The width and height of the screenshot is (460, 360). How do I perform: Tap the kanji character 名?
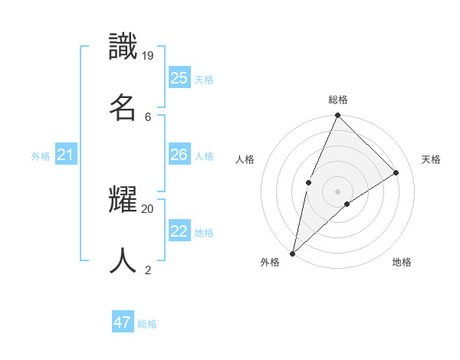click(123, 108)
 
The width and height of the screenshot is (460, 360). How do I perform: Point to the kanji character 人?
click(123, 261)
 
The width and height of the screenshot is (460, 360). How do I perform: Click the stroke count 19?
click(148, 55)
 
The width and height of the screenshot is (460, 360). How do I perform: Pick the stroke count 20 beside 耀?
click(148, 208)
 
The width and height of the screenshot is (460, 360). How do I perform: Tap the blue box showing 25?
click(179, 77)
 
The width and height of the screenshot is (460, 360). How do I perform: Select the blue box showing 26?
click(179, 155)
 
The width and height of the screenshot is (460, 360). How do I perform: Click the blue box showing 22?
click(179, 231)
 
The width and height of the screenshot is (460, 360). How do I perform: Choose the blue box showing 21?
click(66, 155)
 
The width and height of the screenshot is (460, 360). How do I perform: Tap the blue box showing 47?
click(123, 322)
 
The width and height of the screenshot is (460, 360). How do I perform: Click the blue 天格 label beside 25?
click(204, 79)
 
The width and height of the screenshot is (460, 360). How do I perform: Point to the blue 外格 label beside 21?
click(41, 156)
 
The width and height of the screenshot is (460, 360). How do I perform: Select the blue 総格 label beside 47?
click(147, 324)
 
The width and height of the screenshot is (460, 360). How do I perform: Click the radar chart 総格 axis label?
click(338, 100)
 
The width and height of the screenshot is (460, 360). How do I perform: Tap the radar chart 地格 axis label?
click(402, 262)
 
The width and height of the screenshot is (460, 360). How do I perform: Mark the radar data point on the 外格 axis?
click(292, 254)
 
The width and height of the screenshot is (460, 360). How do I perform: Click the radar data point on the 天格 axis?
click(396, 172)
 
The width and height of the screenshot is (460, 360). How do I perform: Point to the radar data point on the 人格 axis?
click(308, 182)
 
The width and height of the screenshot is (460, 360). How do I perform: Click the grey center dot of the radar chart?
click(337, 191)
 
